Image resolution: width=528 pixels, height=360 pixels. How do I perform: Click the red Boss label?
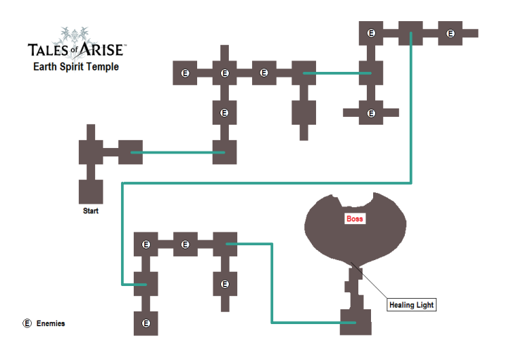click(355, 219)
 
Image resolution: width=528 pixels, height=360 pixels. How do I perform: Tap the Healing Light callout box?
click(412, 305)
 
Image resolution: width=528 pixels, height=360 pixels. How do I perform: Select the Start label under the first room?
click(91, 211)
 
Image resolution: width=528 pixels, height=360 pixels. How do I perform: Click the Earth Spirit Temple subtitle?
click(76, 68)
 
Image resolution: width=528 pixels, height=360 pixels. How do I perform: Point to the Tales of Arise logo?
click(76, 45)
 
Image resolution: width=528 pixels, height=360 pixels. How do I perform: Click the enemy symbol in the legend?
click(27, 323)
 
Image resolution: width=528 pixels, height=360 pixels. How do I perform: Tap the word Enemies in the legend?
click(51, 323)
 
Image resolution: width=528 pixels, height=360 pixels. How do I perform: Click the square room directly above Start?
click(91, 192)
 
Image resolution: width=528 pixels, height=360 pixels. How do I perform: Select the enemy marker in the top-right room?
click(450, 33)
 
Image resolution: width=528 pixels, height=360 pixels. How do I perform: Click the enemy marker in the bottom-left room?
click(146, 323)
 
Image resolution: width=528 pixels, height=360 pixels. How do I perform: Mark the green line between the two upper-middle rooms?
click(333, 73)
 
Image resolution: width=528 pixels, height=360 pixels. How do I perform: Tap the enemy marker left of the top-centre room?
click(372, 33)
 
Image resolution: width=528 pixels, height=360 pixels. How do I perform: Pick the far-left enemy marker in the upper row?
click(185, 73)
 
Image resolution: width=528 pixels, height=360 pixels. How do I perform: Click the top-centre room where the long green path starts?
click(410, 33)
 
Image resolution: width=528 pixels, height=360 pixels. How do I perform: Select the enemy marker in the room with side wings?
click(371, 113)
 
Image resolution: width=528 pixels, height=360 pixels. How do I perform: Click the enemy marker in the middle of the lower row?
click(185, 244)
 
